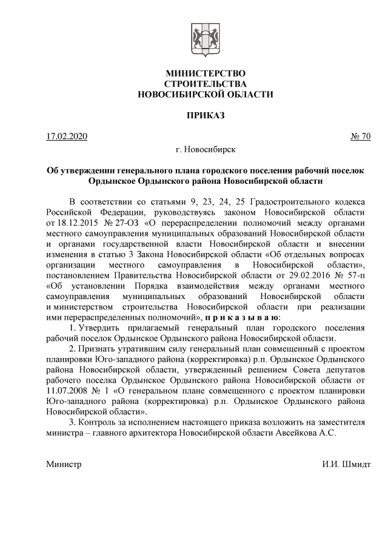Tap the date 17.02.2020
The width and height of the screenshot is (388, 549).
tap(67, 136)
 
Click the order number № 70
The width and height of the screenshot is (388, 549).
tap(360, 136)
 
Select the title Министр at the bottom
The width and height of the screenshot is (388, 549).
tap(63, 465)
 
